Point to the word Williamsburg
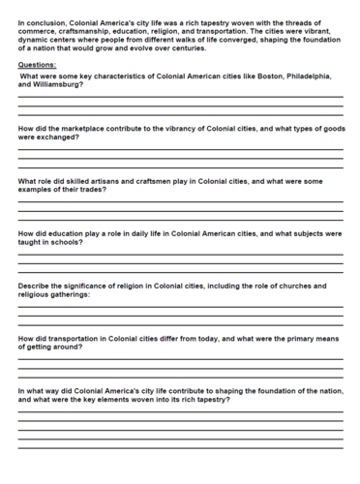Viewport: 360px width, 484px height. [57, 84]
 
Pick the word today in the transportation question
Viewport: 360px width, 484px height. [207, 338]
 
